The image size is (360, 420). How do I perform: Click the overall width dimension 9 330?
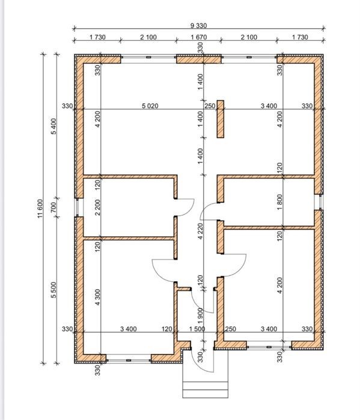coord(198,26)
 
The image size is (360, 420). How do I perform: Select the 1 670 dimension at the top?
coord(199,37)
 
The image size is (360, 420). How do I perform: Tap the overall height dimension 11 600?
coord(40,208)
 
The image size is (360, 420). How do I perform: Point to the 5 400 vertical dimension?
coord(54,126)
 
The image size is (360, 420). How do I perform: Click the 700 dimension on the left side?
coord(54,207)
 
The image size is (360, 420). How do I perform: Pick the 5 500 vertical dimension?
coord(54,290)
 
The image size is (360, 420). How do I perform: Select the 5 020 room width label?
coord(150,106)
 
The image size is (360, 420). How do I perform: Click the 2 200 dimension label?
coord(98,207)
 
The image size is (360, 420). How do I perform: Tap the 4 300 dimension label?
coord(98,297)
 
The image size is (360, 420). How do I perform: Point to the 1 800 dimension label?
coord(280,202)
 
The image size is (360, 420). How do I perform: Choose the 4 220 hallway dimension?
coord(201,231)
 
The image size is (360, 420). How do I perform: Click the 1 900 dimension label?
coord(201,316)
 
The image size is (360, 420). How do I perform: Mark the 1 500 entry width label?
coord(197,329)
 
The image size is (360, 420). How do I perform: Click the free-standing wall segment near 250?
coord(221,119)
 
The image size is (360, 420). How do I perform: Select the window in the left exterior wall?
coord(78,207)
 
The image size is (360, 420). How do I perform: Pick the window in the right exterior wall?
coord(320,202)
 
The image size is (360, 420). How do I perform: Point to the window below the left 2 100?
coord(148,57)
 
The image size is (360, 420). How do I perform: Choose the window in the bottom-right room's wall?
coord(269,347)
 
